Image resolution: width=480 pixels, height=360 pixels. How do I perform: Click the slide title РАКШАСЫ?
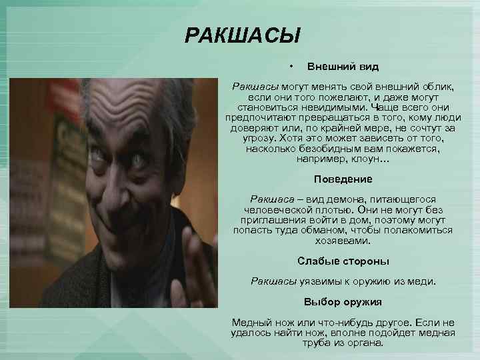243,34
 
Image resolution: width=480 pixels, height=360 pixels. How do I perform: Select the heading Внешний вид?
343,67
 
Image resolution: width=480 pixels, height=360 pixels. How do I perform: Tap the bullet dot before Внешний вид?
291,66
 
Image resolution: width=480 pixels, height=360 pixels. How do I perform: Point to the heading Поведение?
343,179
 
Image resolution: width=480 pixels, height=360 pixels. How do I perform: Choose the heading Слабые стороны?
343,261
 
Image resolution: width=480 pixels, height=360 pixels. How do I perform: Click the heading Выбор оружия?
343,301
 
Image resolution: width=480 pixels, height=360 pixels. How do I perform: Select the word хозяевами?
343,241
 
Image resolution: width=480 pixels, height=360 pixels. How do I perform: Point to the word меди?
419,281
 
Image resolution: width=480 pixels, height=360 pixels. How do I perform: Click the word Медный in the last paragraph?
249,322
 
